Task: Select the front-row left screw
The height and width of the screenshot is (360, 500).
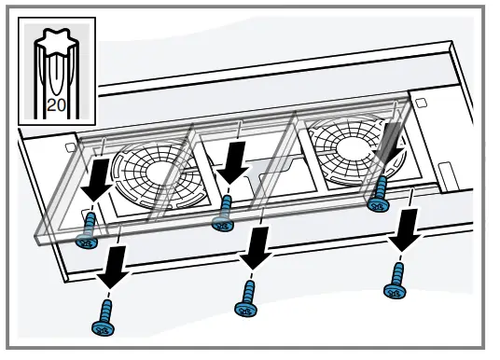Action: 103,318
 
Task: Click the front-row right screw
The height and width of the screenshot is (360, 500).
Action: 395,280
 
